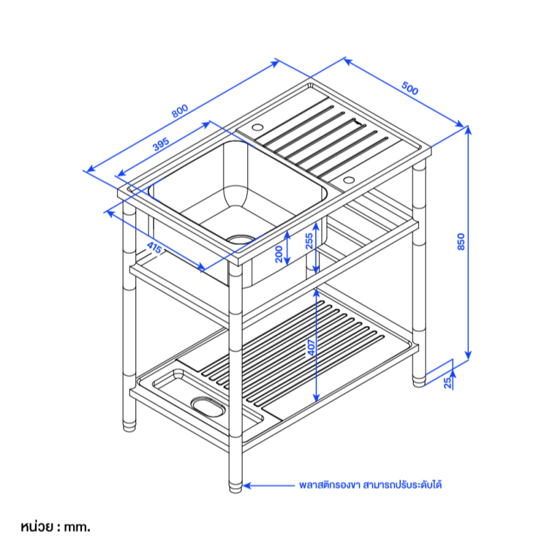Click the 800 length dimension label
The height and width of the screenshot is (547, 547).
(x=180, y=111)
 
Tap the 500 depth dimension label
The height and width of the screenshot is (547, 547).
(x=410, y=88)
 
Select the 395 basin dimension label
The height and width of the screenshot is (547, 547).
(x=161, y=144)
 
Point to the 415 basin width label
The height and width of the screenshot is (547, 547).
(x=154, y=248)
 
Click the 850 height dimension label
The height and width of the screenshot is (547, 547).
(x=461, y=241)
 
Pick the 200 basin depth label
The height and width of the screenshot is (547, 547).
(x=279, y=254)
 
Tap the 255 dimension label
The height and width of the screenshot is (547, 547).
(x=309, y=241)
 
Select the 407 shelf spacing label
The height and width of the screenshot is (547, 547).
(x=311, y=347)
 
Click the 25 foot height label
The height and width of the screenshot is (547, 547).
(x=448, y=383)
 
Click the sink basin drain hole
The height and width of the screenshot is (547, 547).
(x=241, y=239)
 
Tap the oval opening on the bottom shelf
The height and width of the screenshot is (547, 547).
(x=207, y=407)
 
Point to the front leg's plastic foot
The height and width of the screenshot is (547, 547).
(x=235, y=487)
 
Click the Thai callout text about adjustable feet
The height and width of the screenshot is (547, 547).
(x=371, y=485)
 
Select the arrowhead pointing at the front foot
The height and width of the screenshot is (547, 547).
(x=247, y=485)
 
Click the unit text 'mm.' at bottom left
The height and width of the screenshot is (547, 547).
(x=77, y=526)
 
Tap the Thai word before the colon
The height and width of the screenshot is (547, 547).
(x=37, y=526)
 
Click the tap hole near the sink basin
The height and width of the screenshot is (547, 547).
(x=257, y=127)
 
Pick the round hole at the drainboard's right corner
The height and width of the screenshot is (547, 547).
(x=349, y=180)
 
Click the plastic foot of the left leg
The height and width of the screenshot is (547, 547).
(x=129, y=426)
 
